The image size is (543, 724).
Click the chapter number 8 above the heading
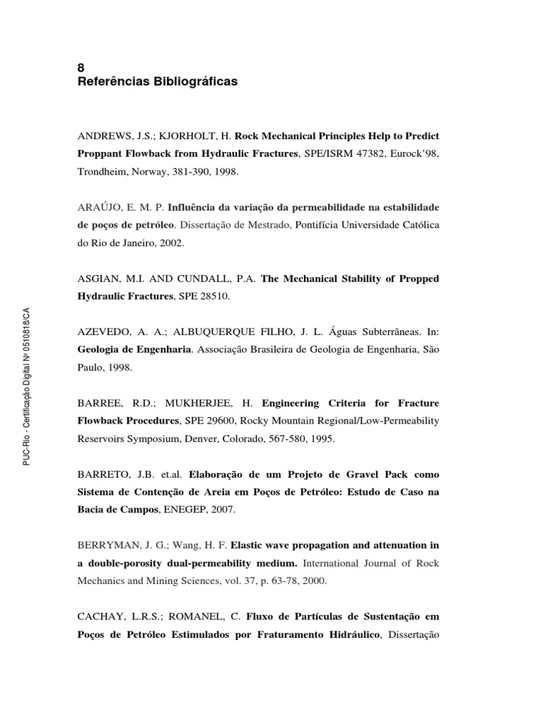(x=80, y=68)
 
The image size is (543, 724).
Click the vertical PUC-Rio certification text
(x=27, y=386)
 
